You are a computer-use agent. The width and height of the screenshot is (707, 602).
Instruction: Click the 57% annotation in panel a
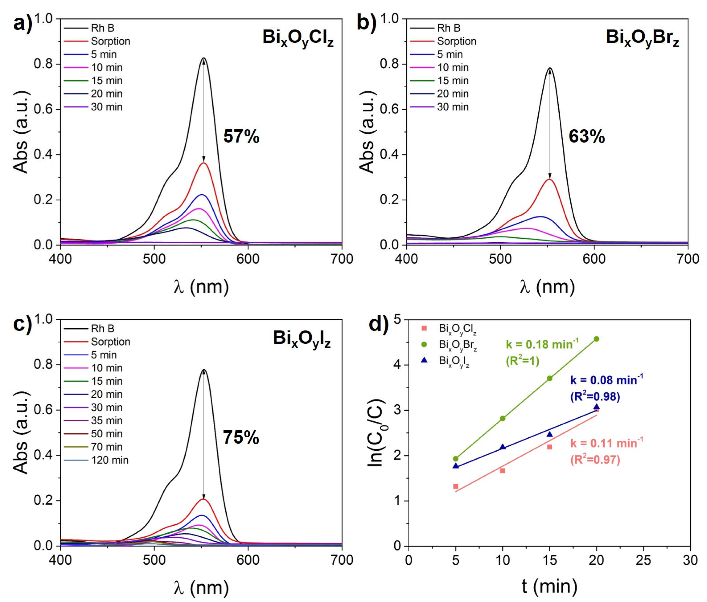point(241,136)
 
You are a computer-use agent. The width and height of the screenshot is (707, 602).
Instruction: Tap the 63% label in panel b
point(587,136)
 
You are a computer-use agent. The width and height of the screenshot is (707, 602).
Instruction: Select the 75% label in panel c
point(241,437)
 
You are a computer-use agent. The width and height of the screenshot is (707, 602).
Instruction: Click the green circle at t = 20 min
point(597,339)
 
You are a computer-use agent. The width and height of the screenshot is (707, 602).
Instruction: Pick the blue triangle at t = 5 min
point(456,466)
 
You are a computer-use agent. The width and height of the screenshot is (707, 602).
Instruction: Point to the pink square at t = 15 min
point(549,447)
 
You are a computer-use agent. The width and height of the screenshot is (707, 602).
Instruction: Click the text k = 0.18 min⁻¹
point(542,345)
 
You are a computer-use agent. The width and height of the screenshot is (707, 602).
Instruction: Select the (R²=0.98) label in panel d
point(595,396)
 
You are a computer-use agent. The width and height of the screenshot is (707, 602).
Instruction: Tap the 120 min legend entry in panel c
point(109,460)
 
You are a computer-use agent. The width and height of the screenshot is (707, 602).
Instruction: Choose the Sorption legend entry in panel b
point(456,41)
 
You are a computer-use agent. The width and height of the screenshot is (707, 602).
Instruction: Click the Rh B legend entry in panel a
point(102,28)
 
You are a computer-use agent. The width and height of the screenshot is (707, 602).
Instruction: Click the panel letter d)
point(379,324)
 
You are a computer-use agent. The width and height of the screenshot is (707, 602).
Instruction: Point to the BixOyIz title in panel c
point(302,339)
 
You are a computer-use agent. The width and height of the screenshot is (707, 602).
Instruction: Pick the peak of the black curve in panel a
point(204,58)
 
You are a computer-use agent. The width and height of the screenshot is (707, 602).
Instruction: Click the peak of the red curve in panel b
point(549,179)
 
